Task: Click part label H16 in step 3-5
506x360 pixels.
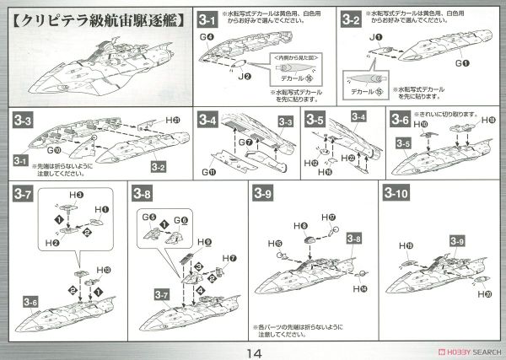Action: coord(326,171)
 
